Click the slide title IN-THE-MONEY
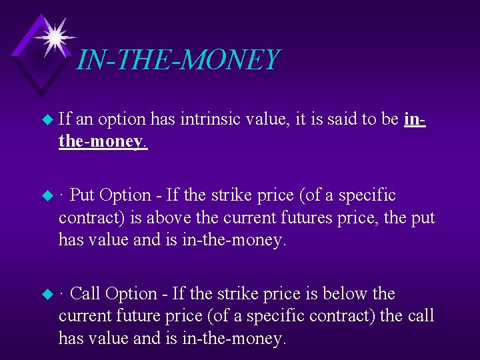[177, 60]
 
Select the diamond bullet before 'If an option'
[46, 120]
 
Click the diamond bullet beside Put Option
[46, 196]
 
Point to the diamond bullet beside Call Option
[46, 294]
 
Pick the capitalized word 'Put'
[82, 195]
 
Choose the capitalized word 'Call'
[85, 293]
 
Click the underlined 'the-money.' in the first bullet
[103, 142]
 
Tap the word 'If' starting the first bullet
[65, 119]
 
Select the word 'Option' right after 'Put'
[125, 195]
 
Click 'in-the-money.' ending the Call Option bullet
[233, 338]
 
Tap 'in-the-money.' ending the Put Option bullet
[233, 240]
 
